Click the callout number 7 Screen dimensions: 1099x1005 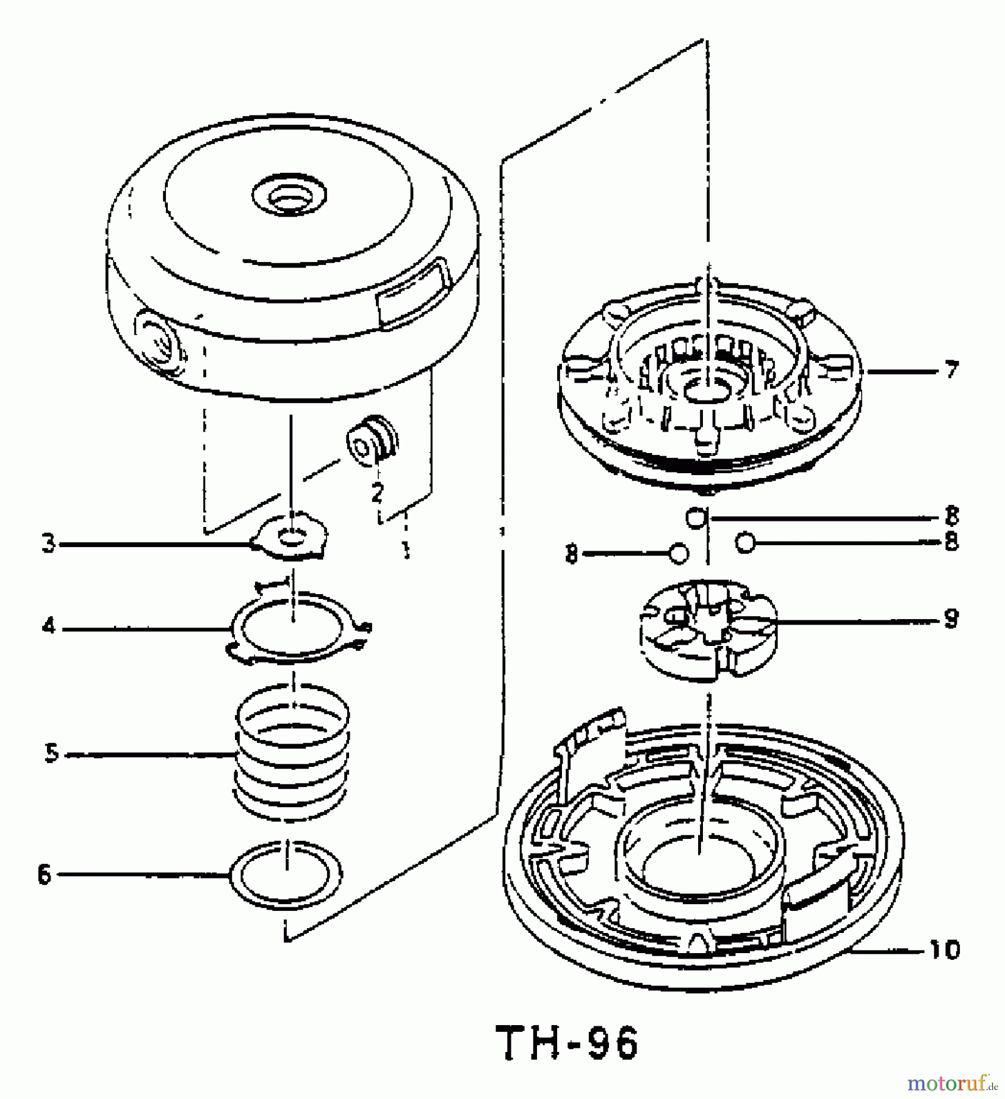point(951,370)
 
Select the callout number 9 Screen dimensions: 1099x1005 point(951,619)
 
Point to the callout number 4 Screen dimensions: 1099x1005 point(48,626)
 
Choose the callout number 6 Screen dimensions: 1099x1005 point(45,875)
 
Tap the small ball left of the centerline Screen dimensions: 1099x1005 point(679,553)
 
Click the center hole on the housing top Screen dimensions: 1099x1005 point(289,197)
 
